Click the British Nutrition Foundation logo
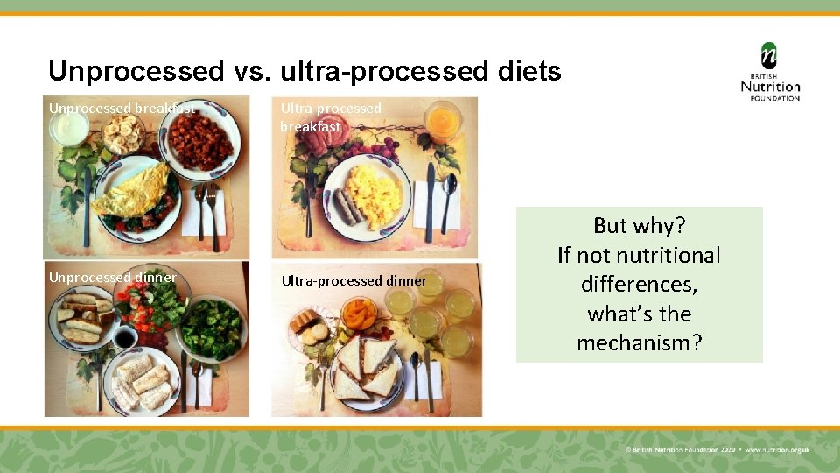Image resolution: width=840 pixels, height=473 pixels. tap(770, 72)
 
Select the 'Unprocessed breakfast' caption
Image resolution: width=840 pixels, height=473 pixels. tap(122, 109)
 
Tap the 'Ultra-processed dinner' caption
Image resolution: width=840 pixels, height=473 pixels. tap(353, 281)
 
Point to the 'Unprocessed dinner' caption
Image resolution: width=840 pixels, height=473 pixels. tap(112, 278)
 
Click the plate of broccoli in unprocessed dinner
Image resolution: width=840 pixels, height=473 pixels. tap(211, 326)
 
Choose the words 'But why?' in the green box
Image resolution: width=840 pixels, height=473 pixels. tap(639, 226)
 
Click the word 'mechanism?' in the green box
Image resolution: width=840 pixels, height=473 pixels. tap(639, 342)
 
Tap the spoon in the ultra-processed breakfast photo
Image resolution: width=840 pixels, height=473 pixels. tap(449, 197)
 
